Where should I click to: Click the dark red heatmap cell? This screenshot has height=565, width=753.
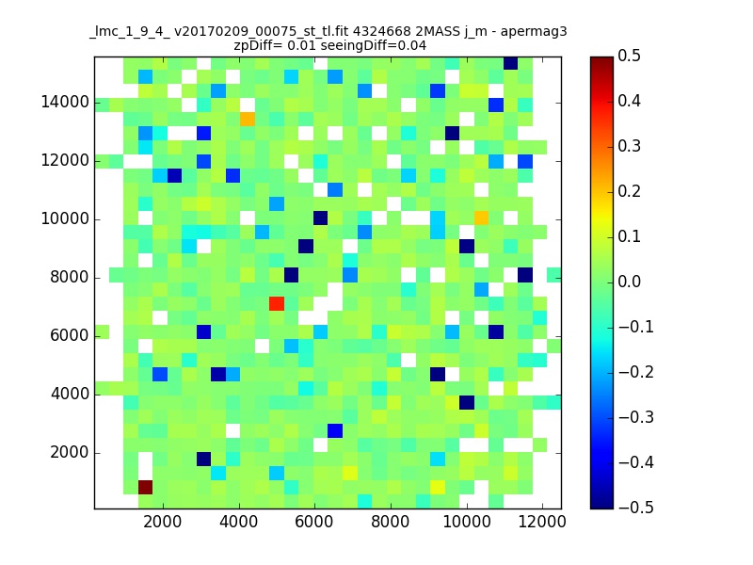tap(146, 487)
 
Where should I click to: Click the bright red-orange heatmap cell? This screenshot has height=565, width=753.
tap(277, 303)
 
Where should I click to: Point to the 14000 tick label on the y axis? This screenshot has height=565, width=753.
tap(65, 103)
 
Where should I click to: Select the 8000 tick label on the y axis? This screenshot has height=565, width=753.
tap(69, 277)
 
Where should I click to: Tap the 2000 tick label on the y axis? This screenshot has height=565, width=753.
tap(69, 453)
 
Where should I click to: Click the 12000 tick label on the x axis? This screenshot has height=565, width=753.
tap(542, 522)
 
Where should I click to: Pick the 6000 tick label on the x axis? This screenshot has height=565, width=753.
tap(314, 522)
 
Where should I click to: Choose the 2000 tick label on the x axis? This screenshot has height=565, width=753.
tap(163, 522)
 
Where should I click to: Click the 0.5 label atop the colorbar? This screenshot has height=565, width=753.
tap(629, 56)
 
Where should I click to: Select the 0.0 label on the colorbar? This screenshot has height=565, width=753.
tap(629, 282)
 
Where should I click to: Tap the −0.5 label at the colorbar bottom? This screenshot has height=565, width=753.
tap(636, 508)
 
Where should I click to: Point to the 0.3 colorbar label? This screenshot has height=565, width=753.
tap(629, 146)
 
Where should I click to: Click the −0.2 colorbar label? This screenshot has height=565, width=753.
tap(636, 372)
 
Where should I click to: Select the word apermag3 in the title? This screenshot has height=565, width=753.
tap(534, 33)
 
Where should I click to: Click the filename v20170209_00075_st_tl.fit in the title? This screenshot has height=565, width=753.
tap(262, 32)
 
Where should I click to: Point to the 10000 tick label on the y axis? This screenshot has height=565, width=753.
tap(65, 219)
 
